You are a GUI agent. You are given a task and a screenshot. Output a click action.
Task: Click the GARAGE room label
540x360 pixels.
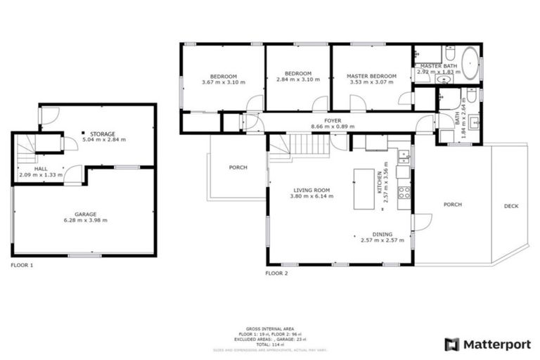(x=86, y=213)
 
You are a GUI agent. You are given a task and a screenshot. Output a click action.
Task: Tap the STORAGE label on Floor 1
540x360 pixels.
(x=103, y=133)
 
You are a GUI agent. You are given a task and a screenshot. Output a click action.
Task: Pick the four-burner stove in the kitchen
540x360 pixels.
(x=404, y=190)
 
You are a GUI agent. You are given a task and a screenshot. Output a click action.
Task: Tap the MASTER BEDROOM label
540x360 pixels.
(x=372, y=76)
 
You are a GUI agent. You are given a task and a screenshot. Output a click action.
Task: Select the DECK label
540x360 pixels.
(x=511, y=206)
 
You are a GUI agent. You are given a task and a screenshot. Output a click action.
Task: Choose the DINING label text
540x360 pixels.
(x=382, y=234)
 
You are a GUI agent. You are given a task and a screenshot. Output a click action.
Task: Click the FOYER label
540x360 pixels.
(x=332, y=121)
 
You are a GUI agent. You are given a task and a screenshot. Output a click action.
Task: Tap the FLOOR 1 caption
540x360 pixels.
(x=22, y=265)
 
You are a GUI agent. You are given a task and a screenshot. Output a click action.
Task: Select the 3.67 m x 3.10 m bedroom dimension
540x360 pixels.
(x=223, y=82)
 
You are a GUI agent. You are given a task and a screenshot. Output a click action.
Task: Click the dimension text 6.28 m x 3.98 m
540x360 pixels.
(x=86, y=220)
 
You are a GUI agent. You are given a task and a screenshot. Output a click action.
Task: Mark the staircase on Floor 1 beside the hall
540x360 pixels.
(x=26, y=147)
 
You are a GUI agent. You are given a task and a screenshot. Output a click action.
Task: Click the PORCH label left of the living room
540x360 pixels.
(x=238, y=167)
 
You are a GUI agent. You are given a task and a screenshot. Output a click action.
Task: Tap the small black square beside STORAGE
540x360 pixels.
(x=82, y=132)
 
